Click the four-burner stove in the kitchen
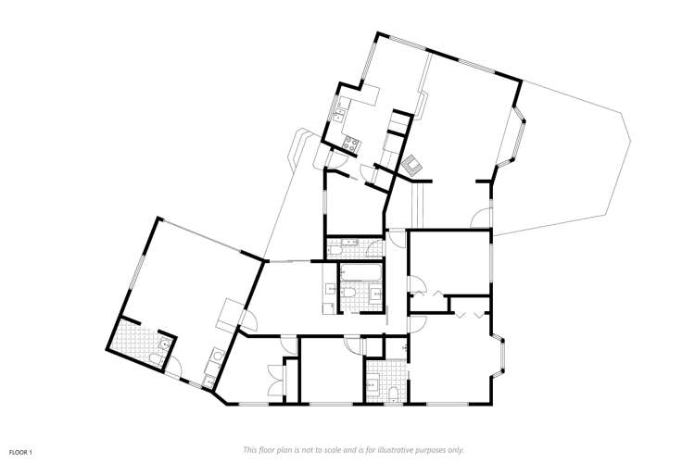[351, 144]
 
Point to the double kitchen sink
[340, 115]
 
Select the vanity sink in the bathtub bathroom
[376, 293]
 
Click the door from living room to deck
[480, 219]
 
